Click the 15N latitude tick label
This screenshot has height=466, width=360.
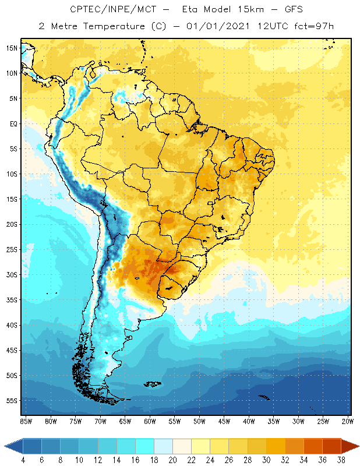point(12,48)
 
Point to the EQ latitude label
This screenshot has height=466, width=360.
point(12,123)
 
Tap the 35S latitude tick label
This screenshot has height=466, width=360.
point(12,300)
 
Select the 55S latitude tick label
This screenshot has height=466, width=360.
point(12,401)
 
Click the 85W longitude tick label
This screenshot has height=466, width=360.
point(26,421)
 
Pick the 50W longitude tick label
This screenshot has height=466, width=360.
point(200,421)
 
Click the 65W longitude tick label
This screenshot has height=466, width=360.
point(125,421)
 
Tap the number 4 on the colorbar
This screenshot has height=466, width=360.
point(23,460)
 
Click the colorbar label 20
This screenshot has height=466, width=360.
point(172,460)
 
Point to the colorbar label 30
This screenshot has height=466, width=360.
point(265,460)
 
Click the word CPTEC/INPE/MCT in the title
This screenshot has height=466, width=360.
point(104,10)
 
